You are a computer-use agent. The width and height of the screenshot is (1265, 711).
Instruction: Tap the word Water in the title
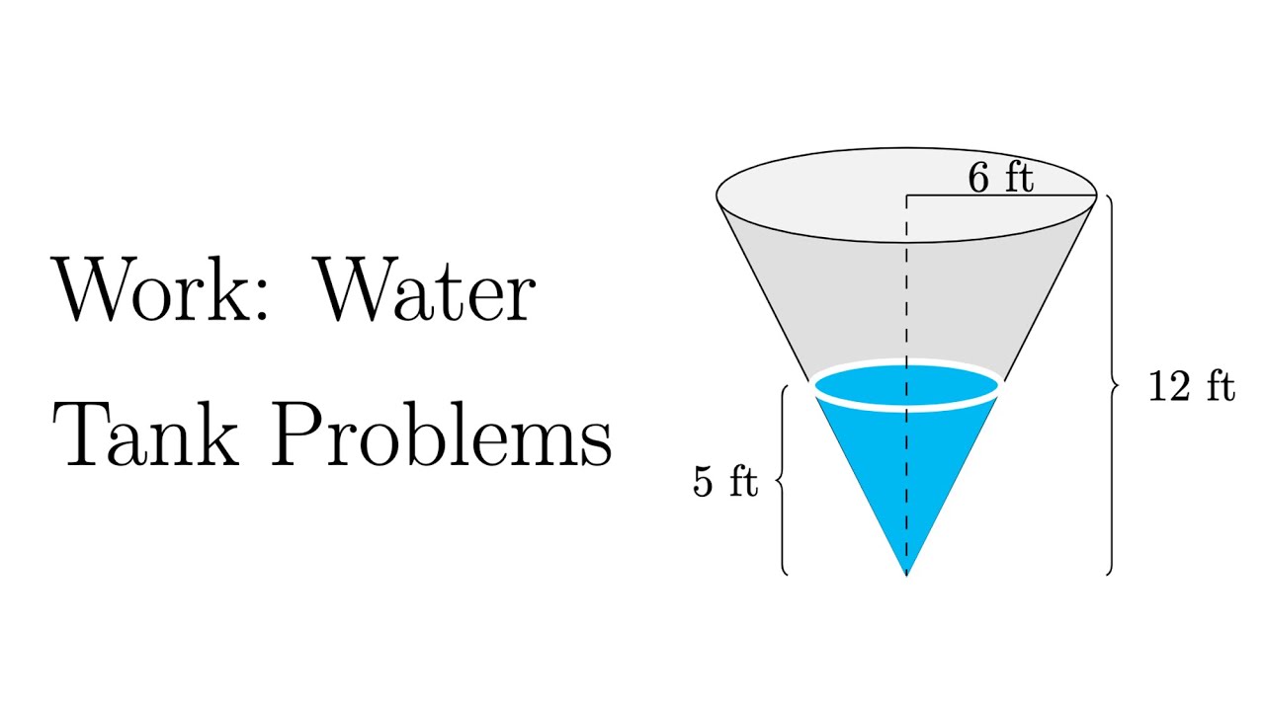coord(426,290)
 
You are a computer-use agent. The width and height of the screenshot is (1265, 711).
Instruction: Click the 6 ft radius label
coord(999,178)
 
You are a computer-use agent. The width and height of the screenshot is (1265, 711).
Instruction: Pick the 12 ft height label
coord(1191,387)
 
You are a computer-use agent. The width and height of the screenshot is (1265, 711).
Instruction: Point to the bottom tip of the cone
coord(906,572)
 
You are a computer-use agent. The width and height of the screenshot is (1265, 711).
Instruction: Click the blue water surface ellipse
coord(906,385)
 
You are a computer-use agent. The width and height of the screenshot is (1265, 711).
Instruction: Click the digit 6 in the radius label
coord(977,178)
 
